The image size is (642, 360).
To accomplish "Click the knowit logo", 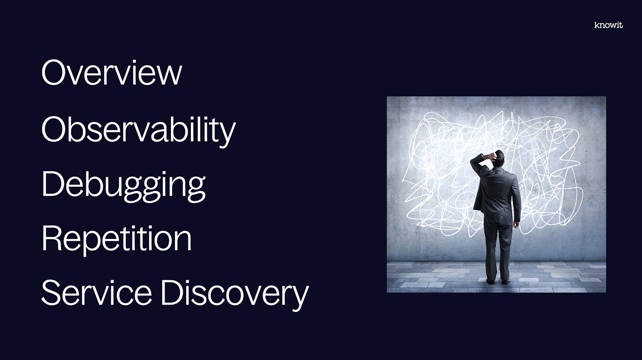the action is [x=608, y=25].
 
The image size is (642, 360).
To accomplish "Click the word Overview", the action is [x=111, y=72].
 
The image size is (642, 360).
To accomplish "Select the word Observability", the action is [x=139, y=130].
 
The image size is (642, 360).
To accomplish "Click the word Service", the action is [x=96, y=292].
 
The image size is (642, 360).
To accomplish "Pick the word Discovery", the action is [x=235, y=294].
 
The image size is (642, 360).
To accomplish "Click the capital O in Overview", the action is [x=55, y=72].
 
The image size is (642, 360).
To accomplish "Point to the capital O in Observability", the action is [x=55, y=129].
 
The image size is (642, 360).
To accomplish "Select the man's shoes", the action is [x=498, y=282].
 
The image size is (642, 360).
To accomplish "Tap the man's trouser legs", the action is [x=498, y=250].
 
